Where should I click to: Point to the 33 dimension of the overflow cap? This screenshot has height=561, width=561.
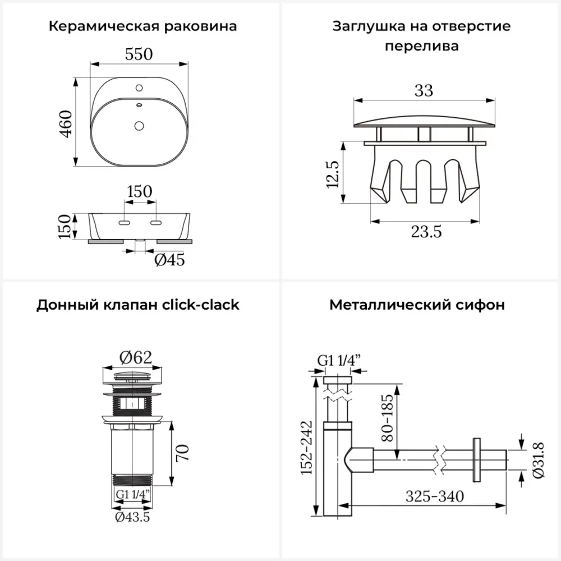[424, 90]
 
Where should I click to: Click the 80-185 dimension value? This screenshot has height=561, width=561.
[387, 416]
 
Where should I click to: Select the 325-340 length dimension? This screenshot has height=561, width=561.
[435, 496]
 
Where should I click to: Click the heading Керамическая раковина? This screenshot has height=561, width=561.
[142, 26]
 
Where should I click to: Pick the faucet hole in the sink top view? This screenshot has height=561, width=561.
[139, 88]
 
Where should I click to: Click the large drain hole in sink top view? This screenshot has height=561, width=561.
[139, 125]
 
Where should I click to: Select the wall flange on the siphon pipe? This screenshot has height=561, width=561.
[477, 459]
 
